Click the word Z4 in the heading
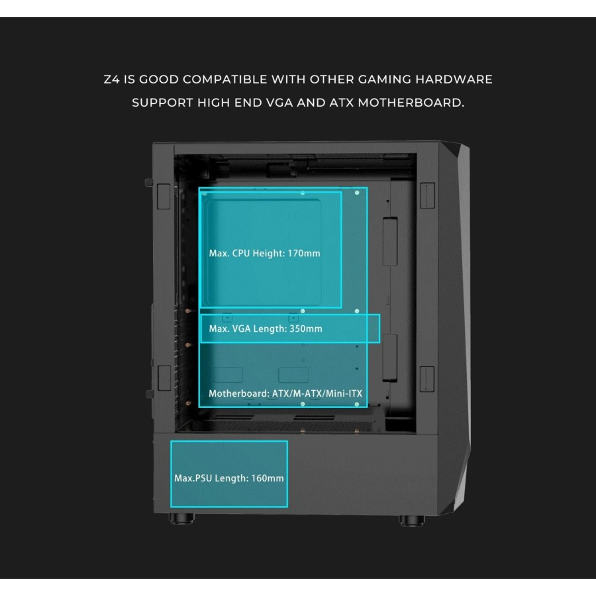tap(112, 79)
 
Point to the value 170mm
tap(305, 254)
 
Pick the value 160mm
tap(268, 478)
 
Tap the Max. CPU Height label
tap(247, 254)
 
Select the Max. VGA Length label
tap(248, 328)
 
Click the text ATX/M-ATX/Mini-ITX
tap(317, 393)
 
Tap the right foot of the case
tap(413, 519)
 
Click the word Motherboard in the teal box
tap(238, 393)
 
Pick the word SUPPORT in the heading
tap(161, 103)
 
